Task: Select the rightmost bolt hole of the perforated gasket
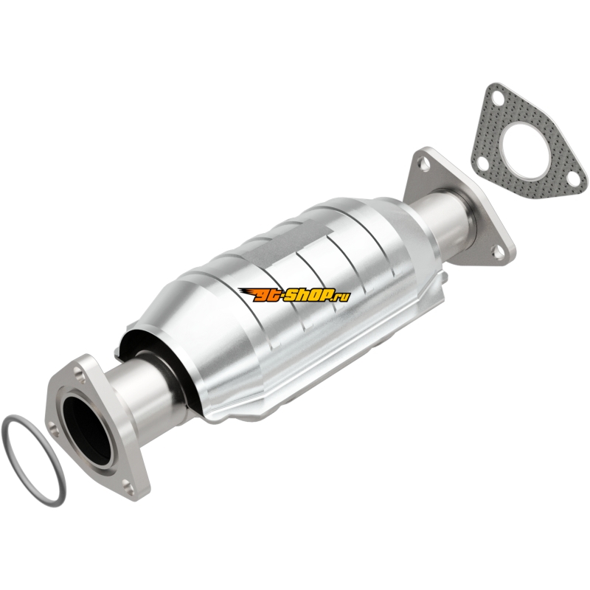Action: click(573, 178)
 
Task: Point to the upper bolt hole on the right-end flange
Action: click(425, 164)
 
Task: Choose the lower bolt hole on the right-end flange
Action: click(498, 253)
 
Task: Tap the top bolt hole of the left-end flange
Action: click(79, 374)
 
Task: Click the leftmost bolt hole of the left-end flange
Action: click(54, 430)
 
